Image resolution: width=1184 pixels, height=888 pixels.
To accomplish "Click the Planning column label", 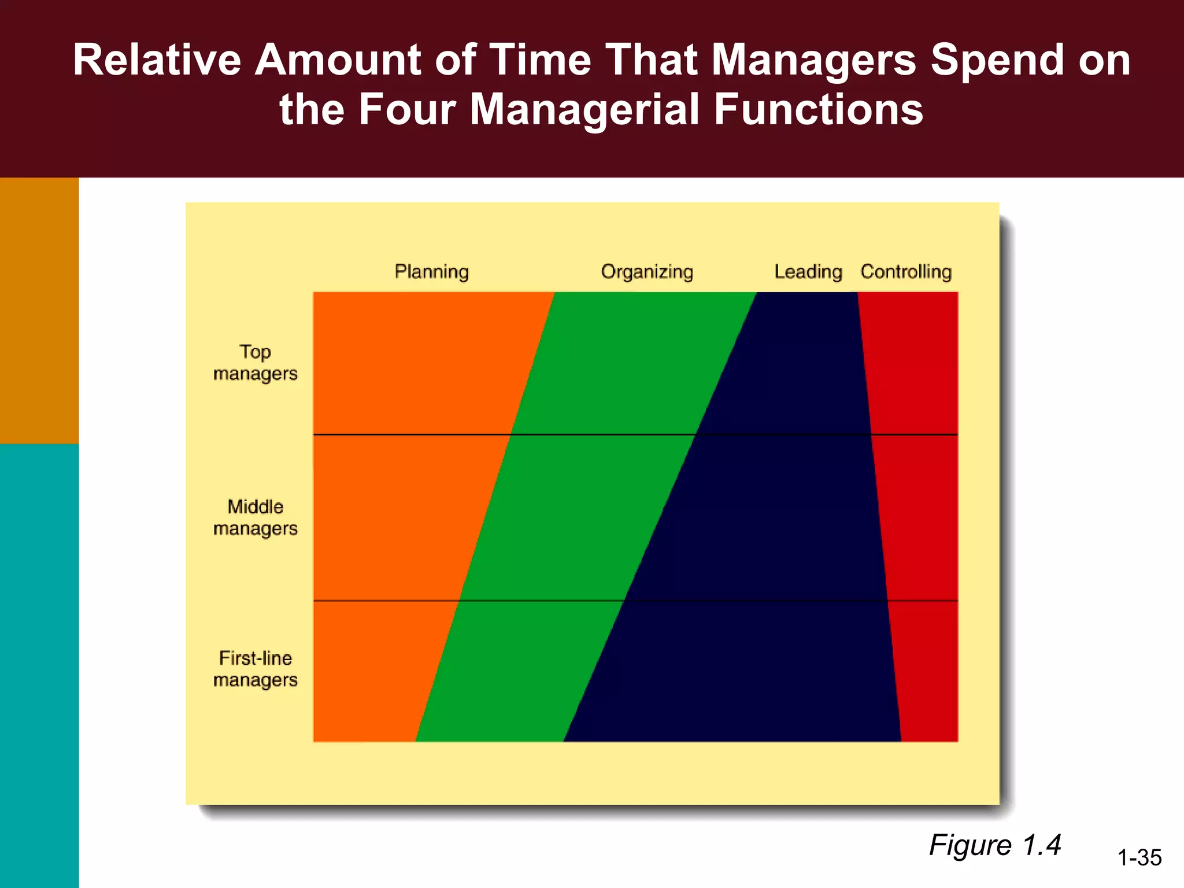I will [431, 272].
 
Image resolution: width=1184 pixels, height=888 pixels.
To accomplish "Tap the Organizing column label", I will [647, 272].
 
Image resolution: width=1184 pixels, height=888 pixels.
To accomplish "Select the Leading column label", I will [808, 272].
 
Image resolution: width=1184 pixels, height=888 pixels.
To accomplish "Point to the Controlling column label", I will [906, 272].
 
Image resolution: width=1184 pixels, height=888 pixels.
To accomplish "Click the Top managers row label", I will [255, 362].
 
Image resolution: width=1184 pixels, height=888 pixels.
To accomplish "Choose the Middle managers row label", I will [255, 517].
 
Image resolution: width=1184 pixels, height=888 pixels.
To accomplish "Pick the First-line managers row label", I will [255, 669].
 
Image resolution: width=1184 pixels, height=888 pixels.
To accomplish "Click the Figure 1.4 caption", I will [995, 845].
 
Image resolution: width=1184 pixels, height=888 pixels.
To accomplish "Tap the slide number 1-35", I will [1139, 857].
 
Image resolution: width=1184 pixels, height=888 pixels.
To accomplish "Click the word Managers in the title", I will [813, 60].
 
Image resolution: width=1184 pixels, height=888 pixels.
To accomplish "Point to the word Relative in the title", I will [157, 60].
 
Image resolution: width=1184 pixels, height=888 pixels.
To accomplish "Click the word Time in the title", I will [541, 60].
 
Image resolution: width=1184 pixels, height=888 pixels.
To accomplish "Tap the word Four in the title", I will [408, 110].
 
